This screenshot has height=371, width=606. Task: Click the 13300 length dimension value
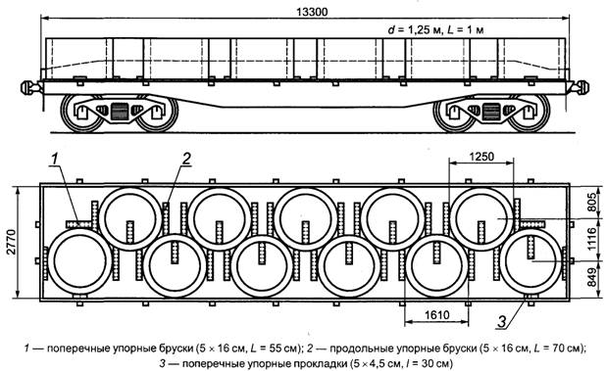tap(312, 12)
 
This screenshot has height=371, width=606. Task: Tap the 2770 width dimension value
tap(12, 242)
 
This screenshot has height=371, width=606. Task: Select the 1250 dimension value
tap(481, 157)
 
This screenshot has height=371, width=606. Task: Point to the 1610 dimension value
tap(437, 315)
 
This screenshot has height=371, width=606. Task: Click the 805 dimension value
tap(592, 202)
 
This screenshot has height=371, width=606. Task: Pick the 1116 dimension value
tap(592, 240)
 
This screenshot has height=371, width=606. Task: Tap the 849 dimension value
tap(592, 278)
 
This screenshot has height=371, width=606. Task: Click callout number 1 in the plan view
tap(55, 159)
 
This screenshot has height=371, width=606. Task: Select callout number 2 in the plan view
tap(186, 159)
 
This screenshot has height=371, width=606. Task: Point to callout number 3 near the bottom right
tap(502, 322)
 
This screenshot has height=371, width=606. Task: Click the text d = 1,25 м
tap(414, 30)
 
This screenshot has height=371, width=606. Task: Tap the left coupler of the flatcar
tap(29, 87)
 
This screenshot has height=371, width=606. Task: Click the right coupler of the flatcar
tap(581, 87)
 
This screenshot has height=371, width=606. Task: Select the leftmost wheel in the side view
tap(82, 113)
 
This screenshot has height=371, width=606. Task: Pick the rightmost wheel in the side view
tap(530, 113)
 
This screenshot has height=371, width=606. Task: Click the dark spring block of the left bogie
tap(119, 112)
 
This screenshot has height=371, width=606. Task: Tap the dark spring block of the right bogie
tap(491, 112)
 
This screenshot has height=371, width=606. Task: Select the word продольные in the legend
tap(354, 349)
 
